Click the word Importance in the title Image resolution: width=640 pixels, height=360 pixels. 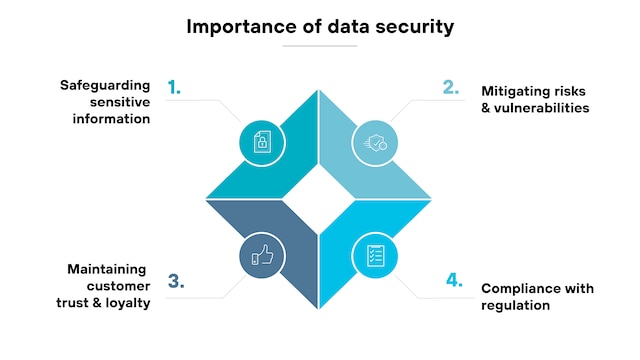point(242,27)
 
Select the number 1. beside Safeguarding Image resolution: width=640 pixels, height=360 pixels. point(174,87)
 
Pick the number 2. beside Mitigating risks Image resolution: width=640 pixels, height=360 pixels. point(451,87)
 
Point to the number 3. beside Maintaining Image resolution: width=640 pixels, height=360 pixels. point(176,281)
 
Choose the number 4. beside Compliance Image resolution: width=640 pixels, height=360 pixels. point(454,280)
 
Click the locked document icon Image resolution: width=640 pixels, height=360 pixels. point(262,142)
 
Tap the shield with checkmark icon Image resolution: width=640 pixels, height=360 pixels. point(375,142)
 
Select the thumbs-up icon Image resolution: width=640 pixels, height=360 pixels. point(262,255)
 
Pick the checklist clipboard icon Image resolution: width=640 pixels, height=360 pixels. point(376,256)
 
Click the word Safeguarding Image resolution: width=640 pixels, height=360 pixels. point(105,86)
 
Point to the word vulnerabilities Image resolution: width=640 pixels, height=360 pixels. point(542,108)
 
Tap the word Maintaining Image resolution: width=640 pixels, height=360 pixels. point(107,269)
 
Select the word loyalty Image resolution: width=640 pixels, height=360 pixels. point(128,303)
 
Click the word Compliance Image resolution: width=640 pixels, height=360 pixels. point(518,289)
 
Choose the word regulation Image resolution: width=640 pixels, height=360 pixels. point(516,305)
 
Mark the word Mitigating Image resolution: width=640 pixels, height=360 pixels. point(513,92)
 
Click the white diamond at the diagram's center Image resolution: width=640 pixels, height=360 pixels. point(319,199)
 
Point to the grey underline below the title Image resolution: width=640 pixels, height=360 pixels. point(320,46)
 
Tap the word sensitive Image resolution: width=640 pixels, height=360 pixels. point(120,102)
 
